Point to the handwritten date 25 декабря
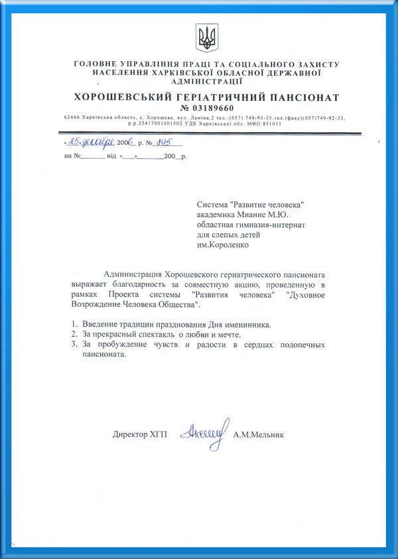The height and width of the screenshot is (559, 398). (x=89, y=141)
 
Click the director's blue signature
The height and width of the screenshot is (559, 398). (x=206, y=432)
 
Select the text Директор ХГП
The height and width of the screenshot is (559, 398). (x=139, y=436)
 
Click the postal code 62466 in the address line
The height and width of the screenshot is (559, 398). (x=72, y=117)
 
